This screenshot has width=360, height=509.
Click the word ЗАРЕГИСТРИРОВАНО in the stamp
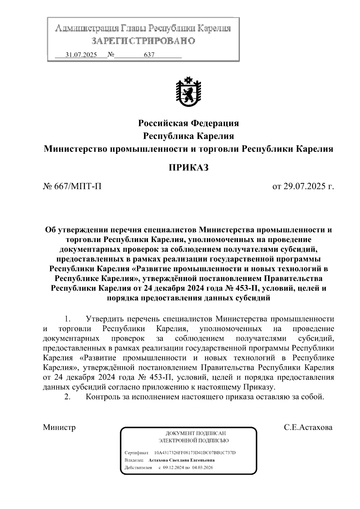pyautogui.click(x=143, y=40)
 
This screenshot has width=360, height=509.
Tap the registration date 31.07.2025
pyautogui.click(x=81, y=55)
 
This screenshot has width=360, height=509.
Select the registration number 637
pyautogui.click(x=149, y=55)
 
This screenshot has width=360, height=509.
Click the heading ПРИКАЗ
pyautogui.click(x=188, y=168)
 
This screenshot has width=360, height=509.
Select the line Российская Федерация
pyautogui.click(x=188, y=123)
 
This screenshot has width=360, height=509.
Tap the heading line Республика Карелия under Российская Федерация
pyautogui.click(x=188, y=136)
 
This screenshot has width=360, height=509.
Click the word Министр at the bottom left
pyautogui.click(x=59, y=427)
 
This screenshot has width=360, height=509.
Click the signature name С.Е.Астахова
pyautogui.click(x=308, y=427)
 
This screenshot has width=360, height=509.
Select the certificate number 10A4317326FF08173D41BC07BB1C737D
pyautogui.click(x=195, y=452)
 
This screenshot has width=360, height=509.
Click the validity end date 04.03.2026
pyautogui.click(x=203, y=467)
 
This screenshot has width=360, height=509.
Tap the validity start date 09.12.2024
pyautogui.click(x=173, y=467)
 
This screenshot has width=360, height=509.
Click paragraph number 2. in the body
pyautogui.click(x=67, y=397)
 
